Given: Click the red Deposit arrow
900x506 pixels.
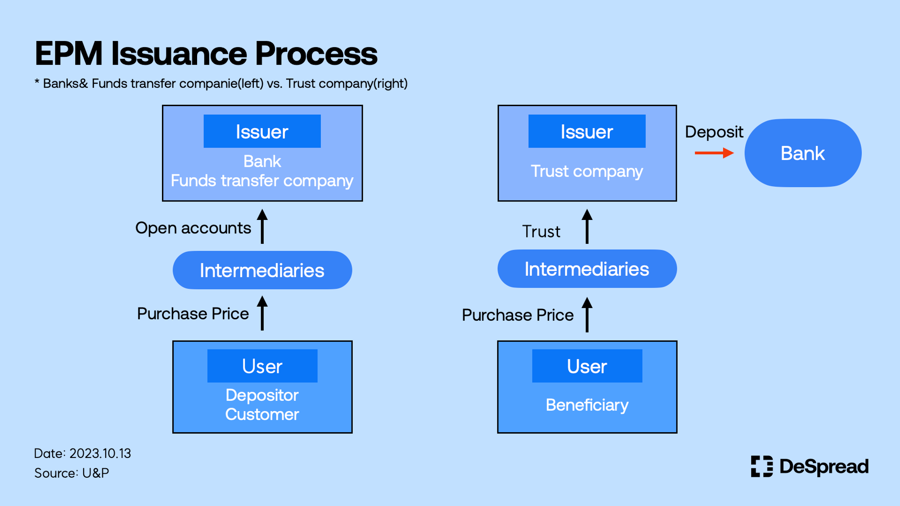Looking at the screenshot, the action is pyautogui.click(x=714, y=153).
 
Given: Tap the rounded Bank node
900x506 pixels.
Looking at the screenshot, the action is pyautogui.click(x=803, y=153).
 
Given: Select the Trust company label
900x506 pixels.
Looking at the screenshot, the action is pyautogui.click(x=587, y=171).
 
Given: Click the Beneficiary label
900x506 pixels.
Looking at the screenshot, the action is pyautogui.click(x=587, y=405).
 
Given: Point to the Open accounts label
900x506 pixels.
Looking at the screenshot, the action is pyautogui.click(x=193, y=228).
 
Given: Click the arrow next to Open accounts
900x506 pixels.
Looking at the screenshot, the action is pyautogui.click(x=262, y=227).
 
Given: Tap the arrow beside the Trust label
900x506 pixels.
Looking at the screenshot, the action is pyautogui.click(x=587, y=227).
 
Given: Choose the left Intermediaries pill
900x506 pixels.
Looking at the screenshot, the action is pyautogui.click(x=262, y=270).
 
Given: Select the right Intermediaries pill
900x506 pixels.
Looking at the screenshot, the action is pyautogui.click(x=587, y=269).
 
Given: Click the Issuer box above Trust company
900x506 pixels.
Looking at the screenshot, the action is pyautogui.click(x=587, y=131).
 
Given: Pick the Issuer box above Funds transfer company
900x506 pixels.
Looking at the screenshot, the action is pyautogui.click(x=262, y=131).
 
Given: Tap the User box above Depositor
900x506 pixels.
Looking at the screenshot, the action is pyautogui.click(x=262, y=366).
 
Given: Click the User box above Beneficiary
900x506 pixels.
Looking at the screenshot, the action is pyautogui.click(x=587, y=366).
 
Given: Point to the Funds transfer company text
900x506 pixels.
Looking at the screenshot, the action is pyautogui.click(x=262, y=181).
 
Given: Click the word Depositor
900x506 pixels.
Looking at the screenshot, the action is pyautogui.click(x=262, y=395).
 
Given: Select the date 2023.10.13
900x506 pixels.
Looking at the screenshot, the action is pyautogui.click(x=100, y=453).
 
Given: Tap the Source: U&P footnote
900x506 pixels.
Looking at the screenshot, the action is pyautogui.click(x=72, y=473).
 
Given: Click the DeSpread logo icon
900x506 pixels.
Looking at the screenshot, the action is pyautogui.click(x=762, y=466).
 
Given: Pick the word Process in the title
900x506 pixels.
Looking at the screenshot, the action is pyautogui.click(x=316, y=54).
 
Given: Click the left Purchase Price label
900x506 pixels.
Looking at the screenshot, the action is pyautogui.click(x=193, y=313).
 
